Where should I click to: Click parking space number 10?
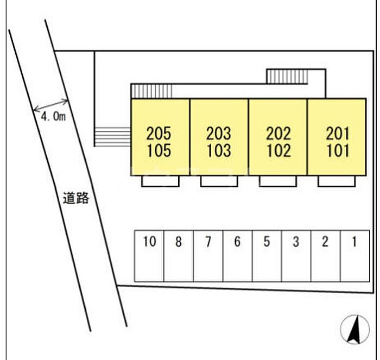(149, 256)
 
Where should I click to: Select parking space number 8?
(179, 256)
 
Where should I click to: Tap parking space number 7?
(208, 256)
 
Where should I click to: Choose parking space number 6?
(238, 256)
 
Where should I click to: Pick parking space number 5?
(267, 256)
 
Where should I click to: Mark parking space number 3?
(296, 256)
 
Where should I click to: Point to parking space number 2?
(326, 256)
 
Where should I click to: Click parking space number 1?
(355, 256)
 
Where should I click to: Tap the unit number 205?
(159, 134)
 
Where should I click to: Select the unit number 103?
(219, 150)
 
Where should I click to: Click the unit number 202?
(278, 134)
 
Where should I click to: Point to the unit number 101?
(338, 150)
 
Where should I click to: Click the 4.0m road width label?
(53, 117)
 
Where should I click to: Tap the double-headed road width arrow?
(50, 105)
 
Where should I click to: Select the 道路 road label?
(76, 198)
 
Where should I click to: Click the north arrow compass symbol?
(355, 330)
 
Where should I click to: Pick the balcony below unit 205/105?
(161, 181)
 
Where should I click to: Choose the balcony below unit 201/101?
(337, 181)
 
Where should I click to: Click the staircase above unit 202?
(287, 77)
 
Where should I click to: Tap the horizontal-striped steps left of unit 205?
(112, 137)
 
